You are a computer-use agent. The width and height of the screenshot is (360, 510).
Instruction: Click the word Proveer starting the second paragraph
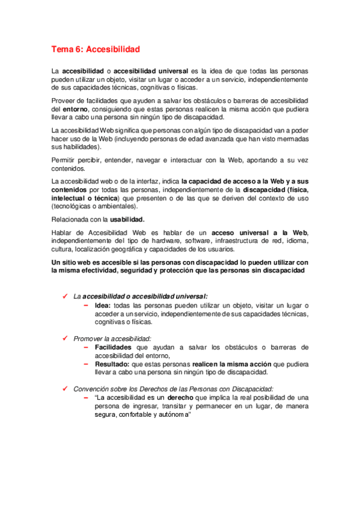64,100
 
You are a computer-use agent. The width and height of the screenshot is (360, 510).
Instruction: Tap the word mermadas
292,139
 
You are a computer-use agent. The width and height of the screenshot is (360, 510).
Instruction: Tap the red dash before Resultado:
86,364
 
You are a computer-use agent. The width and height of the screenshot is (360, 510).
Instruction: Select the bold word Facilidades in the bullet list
115,347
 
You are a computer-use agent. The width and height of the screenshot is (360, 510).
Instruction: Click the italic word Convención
92,389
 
